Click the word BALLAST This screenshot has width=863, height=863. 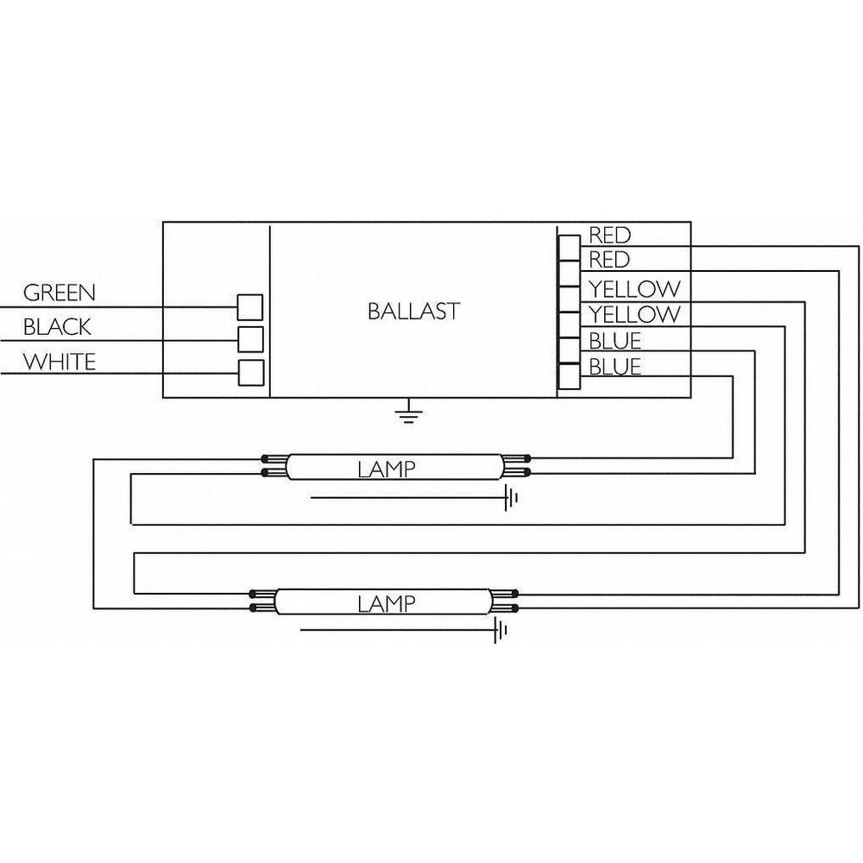[413, 312]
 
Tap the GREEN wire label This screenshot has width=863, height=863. [60, 293]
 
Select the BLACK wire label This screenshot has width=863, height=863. [57, 327]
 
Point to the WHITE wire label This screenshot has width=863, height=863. [60, 362]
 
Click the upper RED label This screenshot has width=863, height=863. [609, 235]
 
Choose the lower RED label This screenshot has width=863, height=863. [609, 259]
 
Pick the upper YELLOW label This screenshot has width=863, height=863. [634, 288]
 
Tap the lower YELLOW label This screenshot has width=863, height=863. [634, 314]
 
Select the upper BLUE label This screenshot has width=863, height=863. [615, 341]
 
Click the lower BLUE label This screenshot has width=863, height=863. [615, 367]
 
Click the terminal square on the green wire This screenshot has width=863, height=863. [250, 307]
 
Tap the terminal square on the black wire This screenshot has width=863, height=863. [250, 339]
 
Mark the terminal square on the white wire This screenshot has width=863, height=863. [251, 373]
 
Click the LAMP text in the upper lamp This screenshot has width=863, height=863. [387, 469]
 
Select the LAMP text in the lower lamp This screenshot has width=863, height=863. [387, 604]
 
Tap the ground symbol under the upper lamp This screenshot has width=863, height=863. [511, 498]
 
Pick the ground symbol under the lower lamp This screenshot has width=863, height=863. [500, 630]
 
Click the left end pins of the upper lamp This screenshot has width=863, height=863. [274, 466]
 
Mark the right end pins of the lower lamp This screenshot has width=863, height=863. [505, 601]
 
